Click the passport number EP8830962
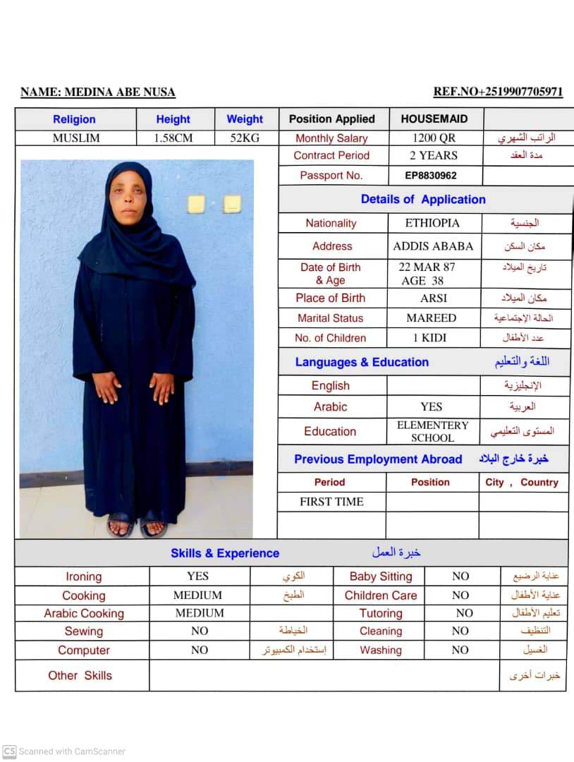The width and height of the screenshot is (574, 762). (x=430, y=176)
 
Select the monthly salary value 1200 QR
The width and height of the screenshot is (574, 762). (x=434, y=138)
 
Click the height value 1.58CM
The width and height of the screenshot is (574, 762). (x=173, y=138)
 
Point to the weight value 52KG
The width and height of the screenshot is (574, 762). (x=245, y=138)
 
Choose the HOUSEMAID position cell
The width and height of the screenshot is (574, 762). (x=434, y=119)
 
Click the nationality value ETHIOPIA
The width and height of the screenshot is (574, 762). (x=432, y=223)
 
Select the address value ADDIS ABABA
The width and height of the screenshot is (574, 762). (x=433, y=246)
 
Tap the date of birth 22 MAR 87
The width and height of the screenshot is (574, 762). (x=427, y=267)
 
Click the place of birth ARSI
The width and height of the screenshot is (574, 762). (x=433, y=298)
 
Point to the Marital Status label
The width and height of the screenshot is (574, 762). (x=330, y=318)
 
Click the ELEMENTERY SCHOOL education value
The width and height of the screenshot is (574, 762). (x=432, y=431)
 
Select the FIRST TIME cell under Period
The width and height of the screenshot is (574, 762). (x=331, y=502)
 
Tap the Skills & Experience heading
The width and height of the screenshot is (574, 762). (x=224, y=553)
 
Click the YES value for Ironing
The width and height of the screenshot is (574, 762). (x=198, y=576)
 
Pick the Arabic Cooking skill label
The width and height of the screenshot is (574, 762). (x=83, y=613)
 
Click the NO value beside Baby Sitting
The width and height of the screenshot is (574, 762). (x=460, y=576)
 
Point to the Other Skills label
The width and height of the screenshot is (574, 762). (x=80, y=675)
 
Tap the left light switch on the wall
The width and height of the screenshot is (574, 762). (x=196, y=205)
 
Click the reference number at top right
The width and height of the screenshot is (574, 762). (x=498, y=92)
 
